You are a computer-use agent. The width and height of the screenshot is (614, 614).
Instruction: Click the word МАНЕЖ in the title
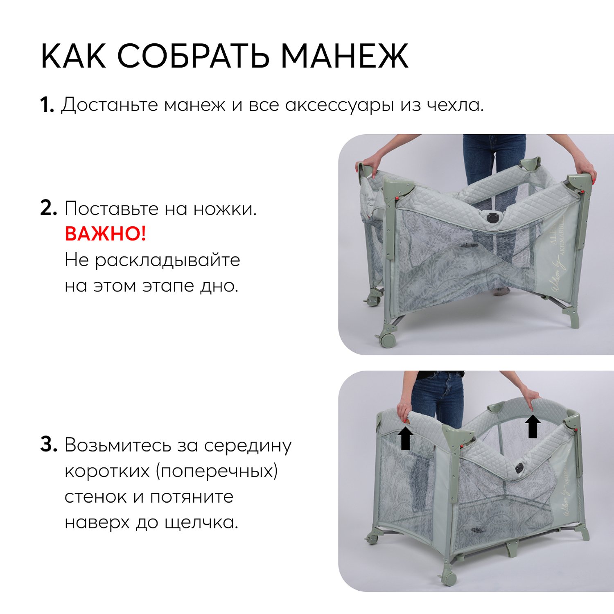345,56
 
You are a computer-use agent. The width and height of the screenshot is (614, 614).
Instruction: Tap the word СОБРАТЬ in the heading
193,56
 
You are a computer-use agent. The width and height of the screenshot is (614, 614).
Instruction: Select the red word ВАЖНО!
105,234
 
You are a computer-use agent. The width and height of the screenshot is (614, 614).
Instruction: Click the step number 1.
47,105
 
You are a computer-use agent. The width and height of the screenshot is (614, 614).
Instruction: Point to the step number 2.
48,208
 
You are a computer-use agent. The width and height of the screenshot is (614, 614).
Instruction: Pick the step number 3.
48,445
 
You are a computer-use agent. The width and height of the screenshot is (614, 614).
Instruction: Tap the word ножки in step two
225,209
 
